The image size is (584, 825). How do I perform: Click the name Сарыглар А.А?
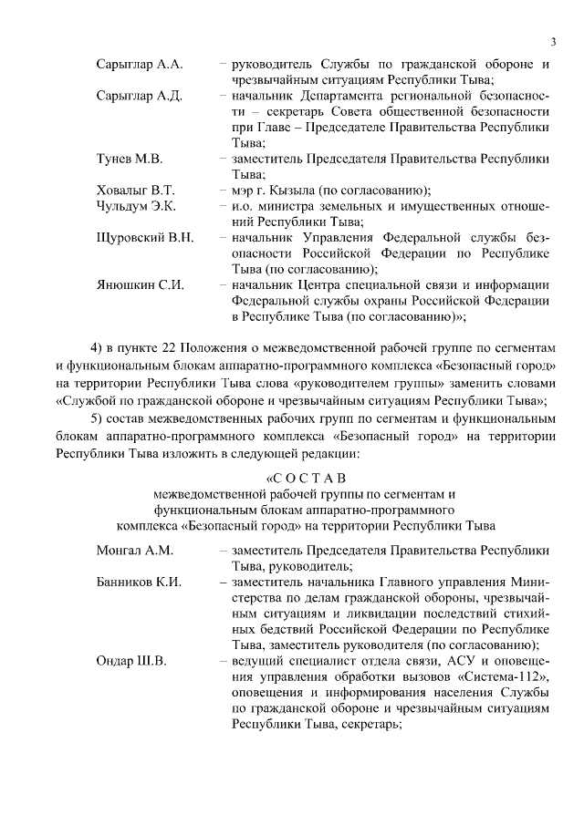point(139,65)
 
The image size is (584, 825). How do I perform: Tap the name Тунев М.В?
point(129,159)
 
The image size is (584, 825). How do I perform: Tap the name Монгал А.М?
point(134,551)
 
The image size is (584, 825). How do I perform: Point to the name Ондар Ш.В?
point(130,661)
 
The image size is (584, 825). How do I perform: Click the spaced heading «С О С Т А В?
point(306,477)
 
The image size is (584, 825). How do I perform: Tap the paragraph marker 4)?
point(98,351)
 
